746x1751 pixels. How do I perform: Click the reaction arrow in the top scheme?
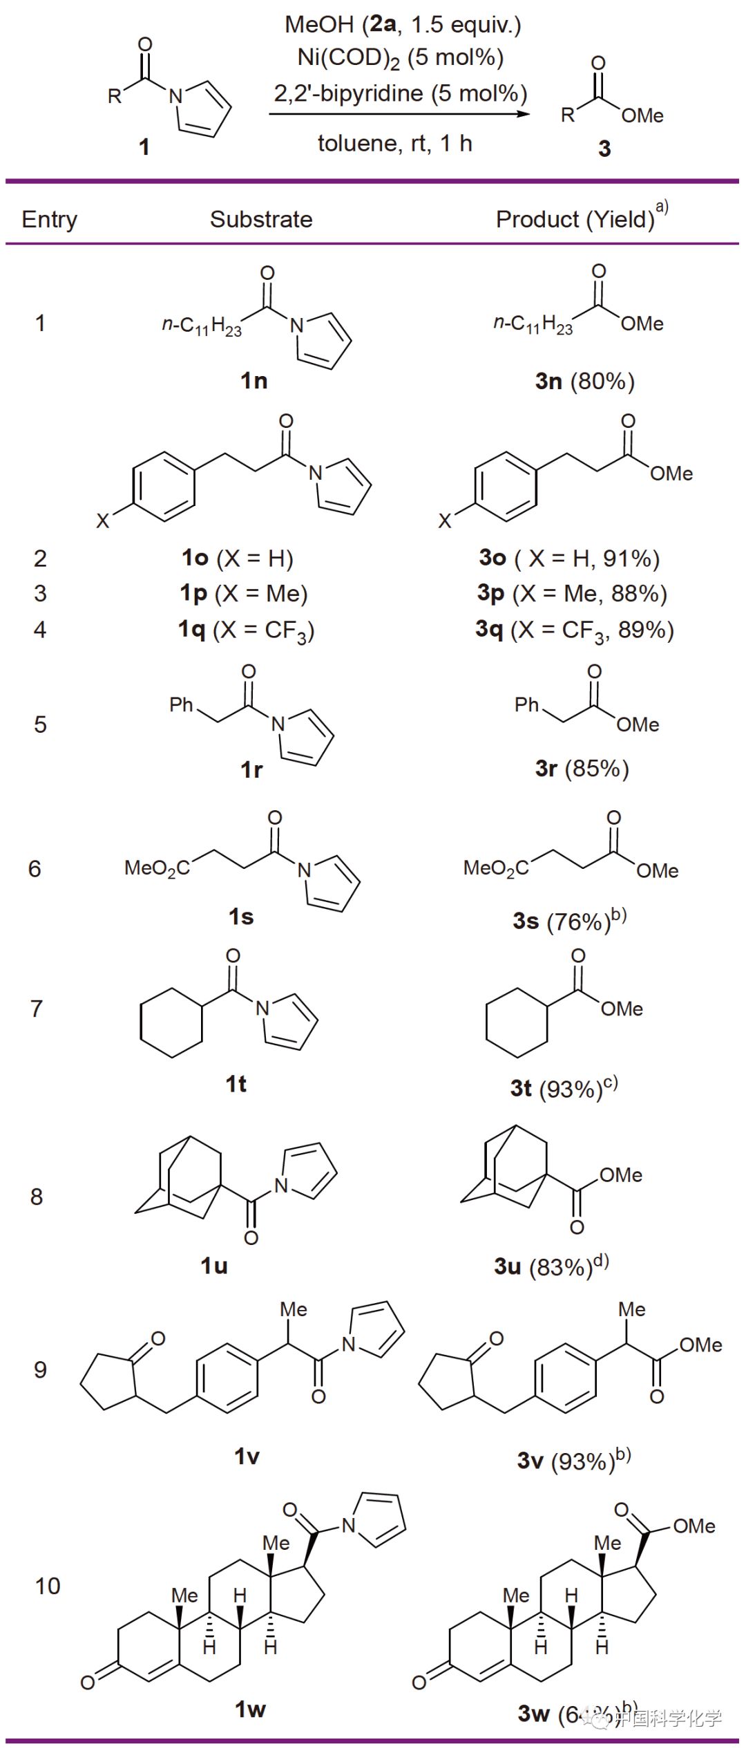click(399, 114)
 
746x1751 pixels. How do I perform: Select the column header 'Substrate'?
click(261, 219)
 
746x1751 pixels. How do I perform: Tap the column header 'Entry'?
click(49, 219)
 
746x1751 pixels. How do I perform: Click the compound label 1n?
click(254, 380)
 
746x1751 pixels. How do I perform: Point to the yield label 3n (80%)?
click(584, 381)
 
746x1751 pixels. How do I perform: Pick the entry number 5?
click(40, 724)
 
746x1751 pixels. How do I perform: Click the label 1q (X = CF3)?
click(246, 630)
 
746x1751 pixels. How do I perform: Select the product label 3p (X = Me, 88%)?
click(572, 593)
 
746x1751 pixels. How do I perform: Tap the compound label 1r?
click(251, 769)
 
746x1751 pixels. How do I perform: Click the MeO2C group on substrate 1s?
click(157, 868)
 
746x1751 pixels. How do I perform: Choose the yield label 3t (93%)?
click(564, 1088)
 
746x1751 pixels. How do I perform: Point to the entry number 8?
click(37, 1197)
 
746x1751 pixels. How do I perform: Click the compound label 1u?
click(214, 1266)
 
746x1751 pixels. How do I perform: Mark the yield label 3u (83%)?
click(551, 1266)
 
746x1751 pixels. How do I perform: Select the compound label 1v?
click(247, 1457)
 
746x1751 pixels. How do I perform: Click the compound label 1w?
click(250, 1709)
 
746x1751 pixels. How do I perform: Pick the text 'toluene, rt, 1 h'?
click(394, 144)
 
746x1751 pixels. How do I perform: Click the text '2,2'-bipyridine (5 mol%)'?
click(401, 93)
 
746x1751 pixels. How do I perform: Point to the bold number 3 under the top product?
click(604, 148)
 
